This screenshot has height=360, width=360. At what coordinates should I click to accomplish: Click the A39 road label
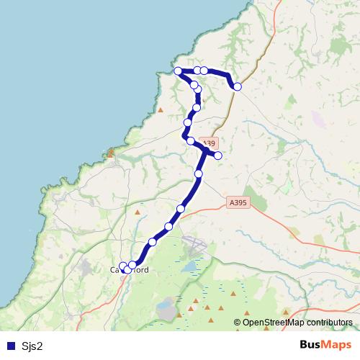[x=207, y=144]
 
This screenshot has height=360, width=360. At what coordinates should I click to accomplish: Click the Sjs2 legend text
[x=32, y=346]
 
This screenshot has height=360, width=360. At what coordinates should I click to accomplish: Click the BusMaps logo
[x=320, y=345]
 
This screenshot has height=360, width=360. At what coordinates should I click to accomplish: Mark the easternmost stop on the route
[x=238, y=86]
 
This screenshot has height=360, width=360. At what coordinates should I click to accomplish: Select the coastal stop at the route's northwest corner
[x=178, y=71]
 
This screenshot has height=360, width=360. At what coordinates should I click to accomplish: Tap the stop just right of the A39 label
[x=217, y=155]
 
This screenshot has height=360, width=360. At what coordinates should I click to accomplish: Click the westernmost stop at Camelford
[x=122, y=266]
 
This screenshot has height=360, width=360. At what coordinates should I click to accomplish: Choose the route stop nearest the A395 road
[x=181, y=209]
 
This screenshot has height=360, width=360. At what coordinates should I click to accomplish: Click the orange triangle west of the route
[x=160, y=110]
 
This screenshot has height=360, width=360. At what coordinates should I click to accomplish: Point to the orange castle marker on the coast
[x=110, y=153]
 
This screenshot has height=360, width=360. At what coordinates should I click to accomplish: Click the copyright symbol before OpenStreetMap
[x=238, y=322]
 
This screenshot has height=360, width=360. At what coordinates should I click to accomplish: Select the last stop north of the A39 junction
[x=190, y=141]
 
